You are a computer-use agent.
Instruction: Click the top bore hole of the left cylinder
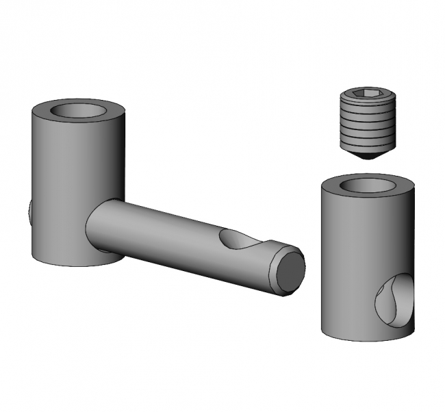tap(78, 110)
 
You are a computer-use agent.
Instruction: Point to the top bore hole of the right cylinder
tap(368, 185)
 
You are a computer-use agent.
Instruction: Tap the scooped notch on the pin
tap(240, 240)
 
